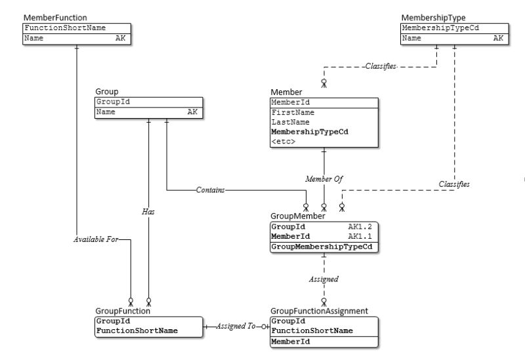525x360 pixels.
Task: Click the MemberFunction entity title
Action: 54,17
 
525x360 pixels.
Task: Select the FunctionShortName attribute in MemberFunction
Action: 65,28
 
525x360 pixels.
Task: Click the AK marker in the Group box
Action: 192,112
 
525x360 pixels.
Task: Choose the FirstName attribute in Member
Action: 293,112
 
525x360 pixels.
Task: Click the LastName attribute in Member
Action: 290,122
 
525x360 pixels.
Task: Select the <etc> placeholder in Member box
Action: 283,141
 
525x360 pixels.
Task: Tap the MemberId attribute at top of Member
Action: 290,102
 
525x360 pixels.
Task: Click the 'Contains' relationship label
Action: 210,190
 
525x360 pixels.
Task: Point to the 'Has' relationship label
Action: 148,212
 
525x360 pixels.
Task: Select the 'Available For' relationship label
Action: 96,239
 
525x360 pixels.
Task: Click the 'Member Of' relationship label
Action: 324,178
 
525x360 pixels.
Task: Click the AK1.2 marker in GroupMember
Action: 360,226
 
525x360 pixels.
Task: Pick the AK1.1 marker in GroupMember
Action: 360,236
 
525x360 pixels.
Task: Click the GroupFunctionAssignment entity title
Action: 319,311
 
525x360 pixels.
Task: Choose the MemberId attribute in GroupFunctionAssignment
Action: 291,342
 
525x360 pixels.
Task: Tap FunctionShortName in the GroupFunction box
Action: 136,330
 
